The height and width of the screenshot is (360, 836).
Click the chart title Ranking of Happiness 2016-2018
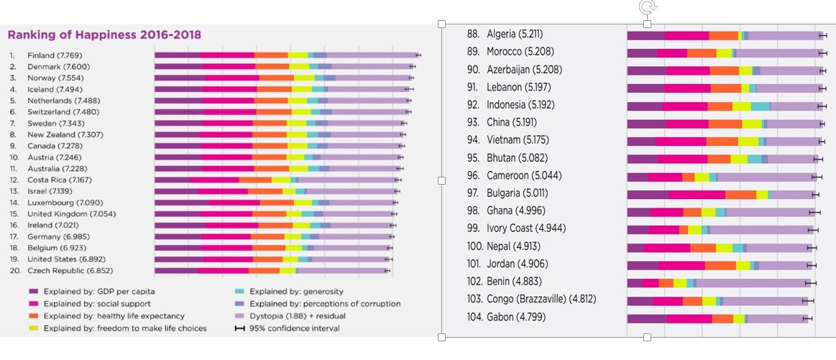[104, 34]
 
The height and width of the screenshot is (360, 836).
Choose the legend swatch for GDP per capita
[33, 292]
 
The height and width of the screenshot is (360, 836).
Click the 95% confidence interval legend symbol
[240, 328]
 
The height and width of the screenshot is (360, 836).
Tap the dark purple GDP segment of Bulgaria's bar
[647, 194]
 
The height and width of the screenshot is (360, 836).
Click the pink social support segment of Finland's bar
[227, 55]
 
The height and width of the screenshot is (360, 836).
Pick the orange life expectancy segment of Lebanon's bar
[725, 88]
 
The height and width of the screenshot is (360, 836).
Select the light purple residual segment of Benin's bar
[751, 282]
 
